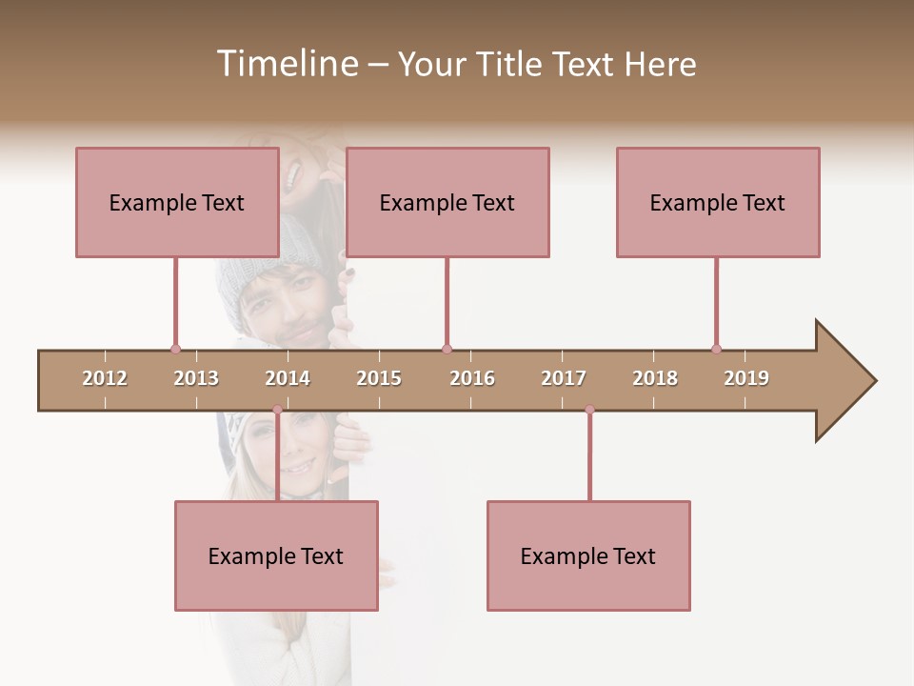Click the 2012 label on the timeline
(x=105, y=378)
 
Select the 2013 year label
(x=196, y=378)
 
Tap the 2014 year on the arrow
(x=288, y=378)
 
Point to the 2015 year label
(x=379, y=378)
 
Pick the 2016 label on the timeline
(x=472, y=378)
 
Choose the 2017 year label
(x=564, y=378)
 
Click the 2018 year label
(x=655, y=378)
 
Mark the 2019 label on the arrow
(x=746, y=378)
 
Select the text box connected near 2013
(x=177, y=202)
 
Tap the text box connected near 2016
(x=447, y=202)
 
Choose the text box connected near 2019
(x=718, y=202)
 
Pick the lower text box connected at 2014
(x=276, y=555)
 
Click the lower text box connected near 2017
(x=588, y=555)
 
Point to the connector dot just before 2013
(x=175, y=349)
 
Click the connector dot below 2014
(x=277, y=410)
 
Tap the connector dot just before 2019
(x=716, y=349)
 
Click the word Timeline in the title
(x=286, y=64)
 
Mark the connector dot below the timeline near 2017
(x=589, y=410)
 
